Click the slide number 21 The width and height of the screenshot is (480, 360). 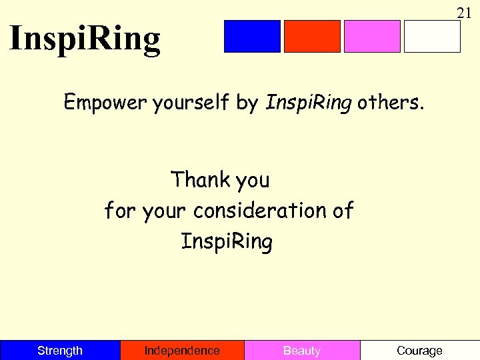tap(464, 12)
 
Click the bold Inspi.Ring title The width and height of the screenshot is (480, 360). tap(85, 39)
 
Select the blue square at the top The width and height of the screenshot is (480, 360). tap(252, 36)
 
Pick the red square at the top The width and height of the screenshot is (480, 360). tap(312, 36)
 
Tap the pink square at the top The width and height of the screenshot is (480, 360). tap(372, 36)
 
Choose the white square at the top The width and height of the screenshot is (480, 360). tap(432, 36)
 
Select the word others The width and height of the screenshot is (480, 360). tap(390, 103)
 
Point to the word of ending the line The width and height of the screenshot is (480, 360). tap(342, 211)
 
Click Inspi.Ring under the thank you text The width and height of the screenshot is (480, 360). tap(227, 242)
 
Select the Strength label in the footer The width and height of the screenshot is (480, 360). tap(60, 351)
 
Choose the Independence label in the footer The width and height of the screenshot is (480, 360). tap(182, 351)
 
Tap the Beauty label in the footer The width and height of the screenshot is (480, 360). tap(302, 351)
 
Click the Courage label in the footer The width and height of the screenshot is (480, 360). tap(419, 351)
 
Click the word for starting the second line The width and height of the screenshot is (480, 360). tap(120, 211)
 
